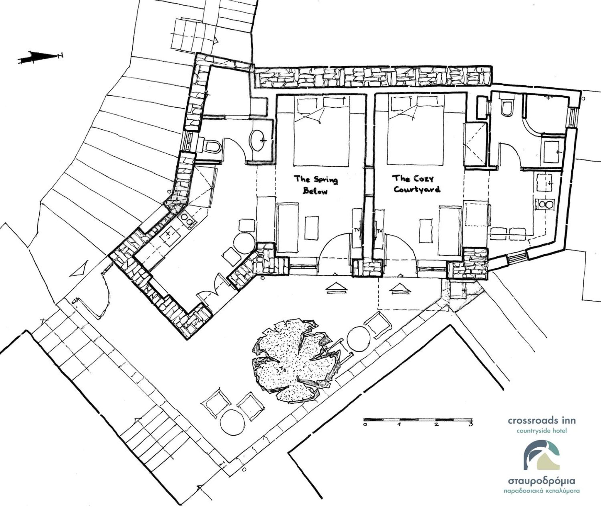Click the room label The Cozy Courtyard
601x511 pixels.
(417, 184)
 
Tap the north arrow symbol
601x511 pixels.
(40, 57)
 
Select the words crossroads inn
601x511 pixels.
(541, 421)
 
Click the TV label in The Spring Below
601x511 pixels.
(357, 230)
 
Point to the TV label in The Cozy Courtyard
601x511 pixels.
(379, 231)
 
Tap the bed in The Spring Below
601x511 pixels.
(321, 132)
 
